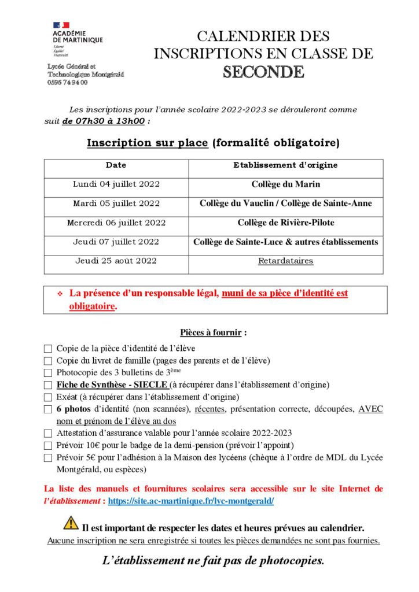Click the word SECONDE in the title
(263, 72)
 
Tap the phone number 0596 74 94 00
(68, 83)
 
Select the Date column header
(116, 165)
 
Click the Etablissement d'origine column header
(285, 165)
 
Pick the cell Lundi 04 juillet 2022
(116, 184)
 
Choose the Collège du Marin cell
(285, 184)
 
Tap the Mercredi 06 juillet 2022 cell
(116, 223)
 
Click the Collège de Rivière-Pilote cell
(285, 223)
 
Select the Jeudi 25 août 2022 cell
(116, 261)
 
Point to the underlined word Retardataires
(285, 261)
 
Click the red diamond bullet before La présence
(60, 294)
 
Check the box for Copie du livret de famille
(47, 361)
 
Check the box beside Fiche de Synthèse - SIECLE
(47, 385)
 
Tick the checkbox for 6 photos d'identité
(47, 409)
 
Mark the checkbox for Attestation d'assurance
(47, 433)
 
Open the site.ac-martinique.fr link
(191, 501)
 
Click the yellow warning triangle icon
(71, 523)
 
